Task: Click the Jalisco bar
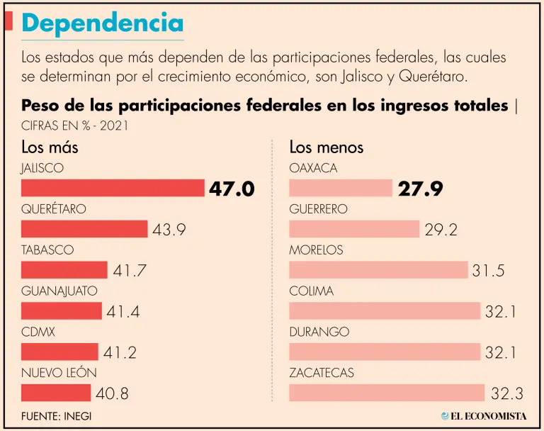click(x=113, y=188)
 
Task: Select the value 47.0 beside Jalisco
click(x=231, y=189)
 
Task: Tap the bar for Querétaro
click(x=84, y=229)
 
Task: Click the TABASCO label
click(x=47, y=250)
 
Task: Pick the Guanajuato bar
click(x=62, y=310)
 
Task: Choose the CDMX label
click(x=38, y=332)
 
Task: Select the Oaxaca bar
click(x=341, y=188)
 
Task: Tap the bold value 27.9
click(x=420, y=189)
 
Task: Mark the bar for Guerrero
click(x=354, y=229)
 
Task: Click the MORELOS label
click(x=316, y=250)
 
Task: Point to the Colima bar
click(x=385, y=310)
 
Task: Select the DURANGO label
click(x=319, y=332)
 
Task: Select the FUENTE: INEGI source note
click(x=56, y=416)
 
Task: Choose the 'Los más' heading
click(x=50, y=147)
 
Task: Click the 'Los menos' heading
click(x=326, y=147)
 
